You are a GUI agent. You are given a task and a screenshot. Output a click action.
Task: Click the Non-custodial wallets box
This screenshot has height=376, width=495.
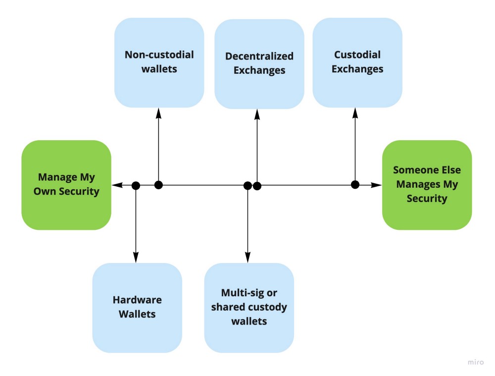tap(159, 62)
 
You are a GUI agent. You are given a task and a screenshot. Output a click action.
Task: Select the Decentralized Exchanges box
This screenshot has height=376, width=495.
tap(259, 64)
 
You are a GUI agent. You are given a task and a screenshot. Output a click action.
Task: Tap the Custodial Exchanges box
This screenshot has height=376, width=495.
tap(357, 62)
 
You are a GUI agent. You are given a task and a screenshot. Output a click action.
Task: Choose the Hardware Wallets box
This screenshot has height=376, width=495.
tap(137, 308)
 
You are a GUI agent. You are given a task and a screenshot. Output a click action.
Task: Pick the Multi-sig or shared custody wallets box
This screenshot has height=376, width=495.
tap(249, 308)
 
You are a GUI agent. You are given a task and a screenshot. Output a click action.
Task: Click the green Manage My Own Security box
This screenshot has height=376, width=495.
tap(66, 185)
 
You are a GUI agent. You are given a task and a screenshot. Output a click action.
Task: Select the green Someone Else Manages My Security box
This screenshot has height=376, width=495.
tap(427, 185)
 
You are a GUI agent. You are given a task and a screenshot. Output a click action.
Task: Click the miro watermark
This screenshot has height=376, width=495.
tap(475, 362)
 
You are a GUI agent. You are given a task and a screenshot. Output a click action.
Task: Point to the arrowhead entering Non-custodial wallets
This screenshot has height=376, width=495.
tap(158, 113)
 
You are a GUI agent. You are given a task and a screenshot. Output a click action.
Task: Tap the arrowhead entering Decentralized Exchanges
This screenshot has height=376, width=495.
tap(257, 115)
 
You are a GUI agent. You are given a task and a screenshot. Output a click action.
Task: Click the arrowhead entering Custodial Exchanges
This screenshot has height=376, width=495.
tap(355, 113)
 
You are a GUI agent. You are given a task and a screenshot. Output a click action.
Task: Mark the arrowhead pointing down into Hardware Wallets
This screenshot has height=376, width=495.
tap(136, 258)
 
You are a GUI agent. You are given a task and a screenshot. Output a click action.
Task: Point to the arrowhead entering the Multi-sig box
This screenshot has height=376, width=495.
tap(248, 258)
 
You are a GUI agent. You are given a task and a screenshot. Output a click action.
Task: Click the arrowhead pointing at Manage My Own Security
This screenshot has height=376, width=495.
tap(117, 185)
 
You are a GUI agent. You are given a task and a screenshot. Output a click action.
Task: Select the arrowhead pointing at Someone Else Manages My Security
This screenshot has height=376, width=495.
tap(376, 185)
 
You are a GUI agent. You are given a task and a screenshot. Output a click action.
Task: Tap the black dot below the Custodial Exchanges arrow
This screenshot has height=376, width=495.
tap(355, 184)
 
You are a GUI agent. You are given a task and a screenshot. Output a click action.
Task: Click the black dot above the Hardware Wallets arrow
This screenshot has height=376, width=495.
tap(136, 186)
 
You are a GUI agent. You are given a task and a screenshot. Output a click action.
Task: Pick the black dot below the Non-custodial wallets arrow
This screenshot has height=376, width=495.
tap(158, 185)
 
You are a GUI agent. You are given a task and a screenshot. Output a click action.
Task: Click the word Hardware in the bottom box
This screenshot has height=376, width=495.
tap(137, 300)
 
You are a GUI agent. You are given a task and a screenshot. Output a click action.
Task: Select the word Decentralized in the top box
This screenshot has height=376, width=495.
tap(259, 56)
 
